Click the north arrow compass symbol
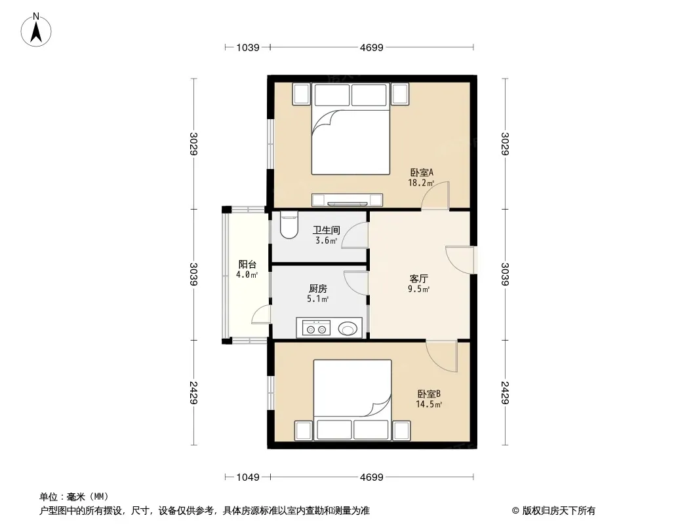coord(36,30)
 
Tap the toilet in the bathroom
coord(289,225)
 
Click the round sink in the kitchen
coord(348,329)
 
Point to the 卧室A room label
coord(422,172)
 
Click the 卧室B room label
coord(429,394)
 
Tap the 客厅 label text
coord(418,278)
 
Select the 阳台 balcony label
coord(247,265)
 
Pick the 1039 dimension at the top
coord(248,47)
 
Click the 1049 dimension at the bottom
coord(248,477)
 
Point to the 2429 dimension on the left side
coord(193,392)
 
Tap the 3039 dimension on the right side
coord(505,274)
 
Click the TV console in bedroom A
coord(348,200)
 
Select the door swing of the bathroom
coord(355,234)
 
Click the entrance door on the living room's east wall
coord(460,259)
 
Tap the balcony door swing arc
coord(261,314)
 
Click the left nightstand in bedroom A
coord(301,94)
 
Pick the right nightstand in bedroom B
coord(401,430)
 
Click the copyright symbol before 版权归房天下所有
coord(515,511)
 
